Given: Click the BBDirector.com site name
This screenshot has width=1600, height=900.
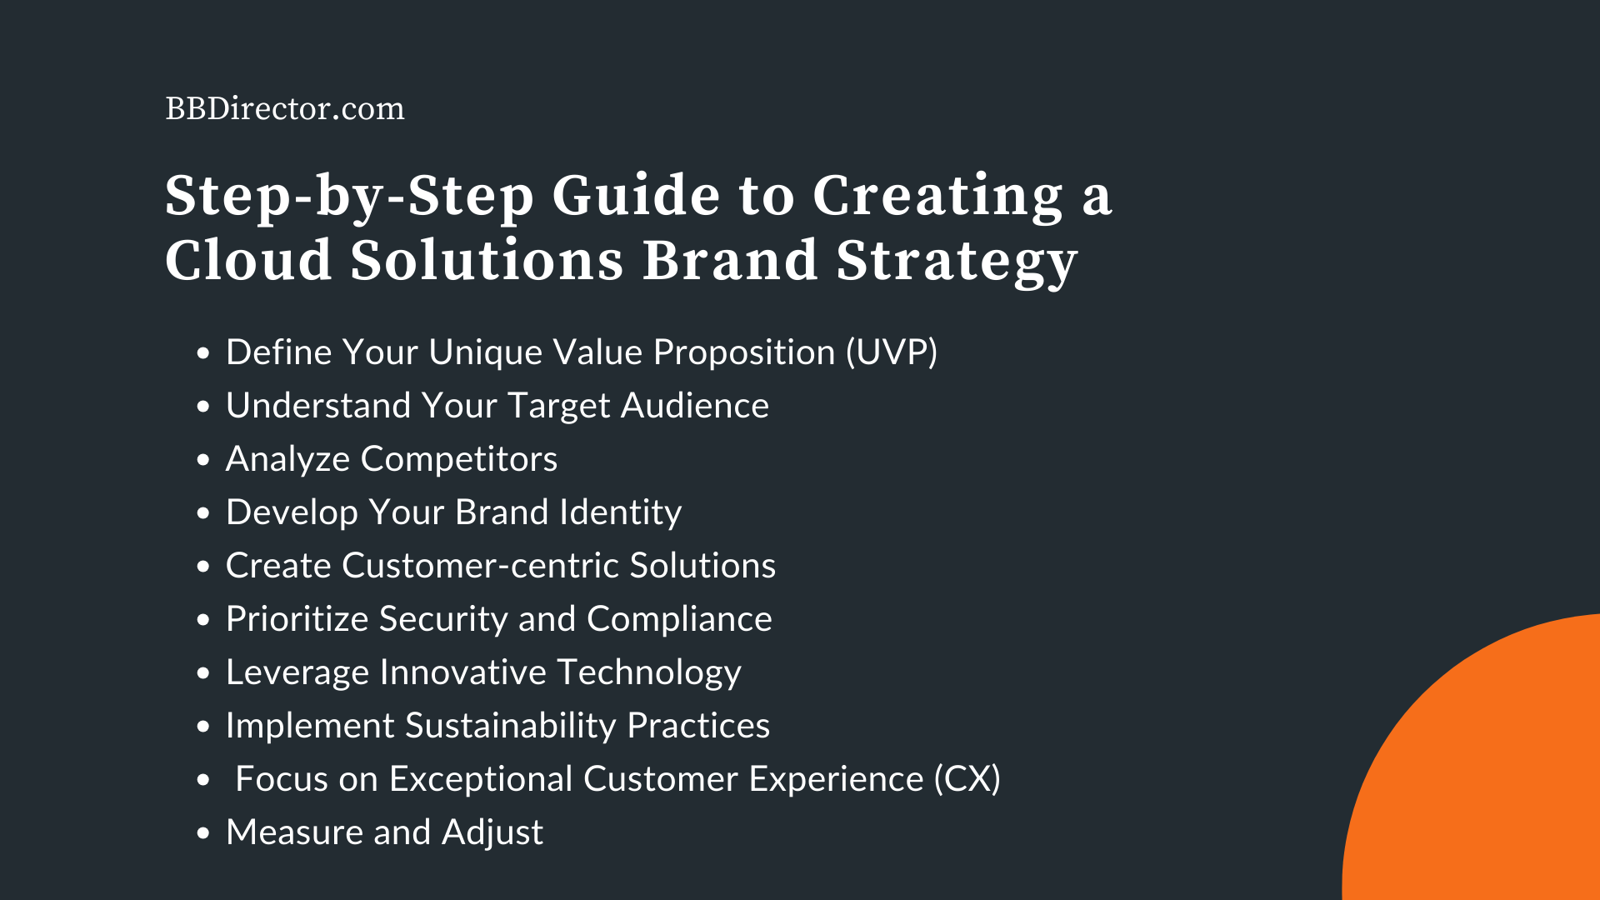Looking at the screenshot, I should [x=285, y=109].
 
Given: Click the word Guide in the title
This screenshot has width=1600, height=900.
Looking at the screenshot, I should [x=636, y=197].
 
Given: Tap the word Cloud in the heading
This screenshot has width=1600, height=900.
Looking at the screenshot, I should [x=248, y=261].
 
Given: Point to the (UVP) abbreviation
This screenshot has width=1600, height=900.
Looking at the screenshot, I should [x=892, y=352].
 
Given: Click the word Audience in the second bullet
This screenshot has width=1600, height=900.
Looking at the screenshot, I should [x=694, y=406].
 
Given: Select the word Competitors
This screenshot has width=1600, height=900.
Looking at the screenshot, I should [x=459, y=459].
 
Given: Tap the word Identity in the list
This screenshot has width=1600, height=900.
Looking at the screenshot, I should [x=621, y=512].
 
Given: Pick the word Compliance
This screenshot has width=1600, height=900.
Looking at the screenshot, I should [x=679, y=619].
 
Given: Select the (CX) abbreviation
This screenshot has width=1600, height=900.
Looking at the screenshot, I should [x=967, y=779].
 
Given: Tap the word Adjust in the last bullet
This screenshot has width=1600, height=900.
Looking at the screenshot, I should [x=492, y=832].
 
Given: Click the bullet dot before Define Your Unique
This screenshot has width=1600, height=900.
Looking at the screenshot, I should [x=203, y=354].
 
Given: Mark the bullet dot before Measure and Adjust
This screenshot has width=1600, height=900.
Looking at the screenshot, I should [x=203, y=834].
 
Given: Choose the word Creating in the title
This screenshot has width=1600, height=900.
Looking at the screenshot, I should [x=937, y=197].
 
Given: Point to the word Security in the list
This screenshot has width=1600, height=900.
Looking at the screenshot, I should [x=442, y=619].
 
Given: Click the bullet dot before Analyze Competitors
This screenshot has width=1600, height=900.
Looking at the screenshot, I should [x=203, y=461].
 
